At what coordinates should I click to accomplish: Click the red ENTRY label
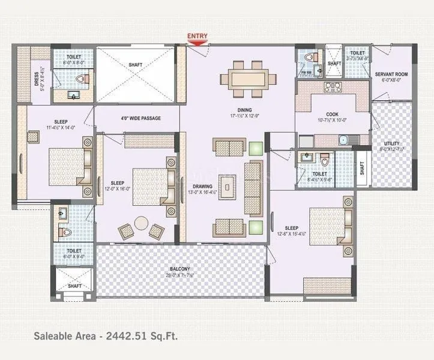click(x=197, y=36)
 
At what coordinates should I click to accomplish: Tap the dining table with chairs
click(x=248, y=79)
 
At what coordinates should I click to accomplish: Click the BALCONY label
click(x=179, y=269)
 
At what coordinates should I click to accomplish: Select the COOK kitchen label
click(x=333, y=114)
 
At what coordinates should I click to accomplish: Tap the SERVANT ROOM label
click(x=392, y=74)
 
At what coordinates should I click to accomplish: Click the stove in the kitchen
click(x=333, y=87)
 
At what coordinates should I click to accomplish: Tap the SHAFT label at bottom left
click(x=74, y=286)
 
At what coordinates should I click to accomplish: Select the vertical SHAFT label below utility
click(x=362, y=169)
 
